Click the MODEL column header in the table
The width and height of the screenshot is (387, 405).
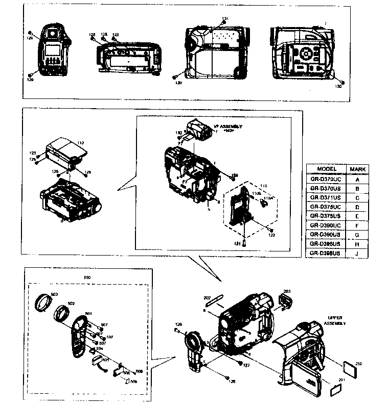327,169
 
